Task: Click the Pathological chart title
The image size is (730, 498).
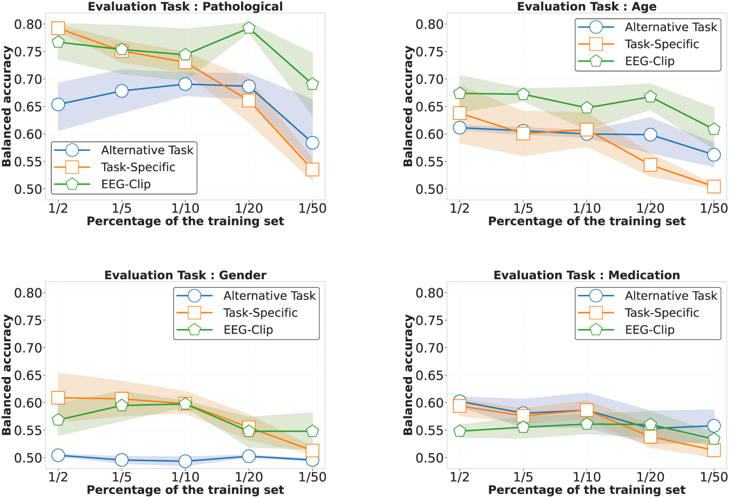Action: click(x=185, y=7)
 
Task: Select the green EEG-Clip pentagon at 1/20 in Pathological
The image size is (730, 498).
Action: click(x=249, y=28)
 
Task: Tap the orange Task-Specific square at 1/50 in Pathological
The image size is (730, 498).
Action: click(x=312, y=169)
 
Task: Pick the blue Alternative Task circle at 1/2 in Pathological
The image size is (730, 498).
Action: click(x=58, y=104)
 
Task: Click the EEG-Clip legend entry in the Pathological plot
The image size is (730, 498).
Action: click(x=125, y=184)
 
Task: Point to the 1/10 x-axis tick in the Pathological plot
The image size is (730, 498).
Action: click(x=186, y=208)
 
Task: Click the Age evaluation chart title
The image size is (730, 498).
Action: click(x=586, y=7)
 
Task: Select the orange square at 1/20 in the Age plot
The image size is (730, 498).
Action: click(x=650, y=165)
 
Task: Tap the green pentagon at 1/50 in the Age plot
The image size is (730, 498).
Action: click(x=714, y=129)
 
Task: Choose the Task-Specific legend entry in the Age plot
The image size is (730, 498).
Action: click(x=661, y=44)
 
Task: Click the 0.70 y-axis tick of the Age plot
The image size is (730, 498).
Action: click(x=429, y=79)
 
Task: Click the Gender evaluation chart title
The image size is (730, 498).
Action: click(x=185, y=275)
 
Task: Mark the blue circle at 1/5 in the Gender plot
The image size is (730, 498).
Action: click(x=122, y=460)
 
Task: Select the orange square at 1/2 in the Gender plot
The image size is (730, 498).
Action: click(x=58, y=398)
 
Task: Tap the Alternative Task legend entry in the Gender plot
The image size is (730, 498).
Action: click(x=269, y=296)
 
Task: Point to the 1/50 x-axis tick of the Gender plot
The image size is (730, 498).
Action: click(x=312, y=477)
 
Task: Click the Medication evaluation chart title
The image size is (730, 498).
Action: click(x=586, y=275)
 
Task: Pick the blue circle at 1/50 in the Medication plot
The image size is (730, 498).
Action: click(x=714, y=426)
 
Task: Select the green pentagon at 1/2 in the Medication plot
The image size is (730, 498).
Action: click(x=460, y=431)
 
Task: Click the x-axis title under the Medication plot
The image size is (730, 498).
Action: click(x=586, y=490)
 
